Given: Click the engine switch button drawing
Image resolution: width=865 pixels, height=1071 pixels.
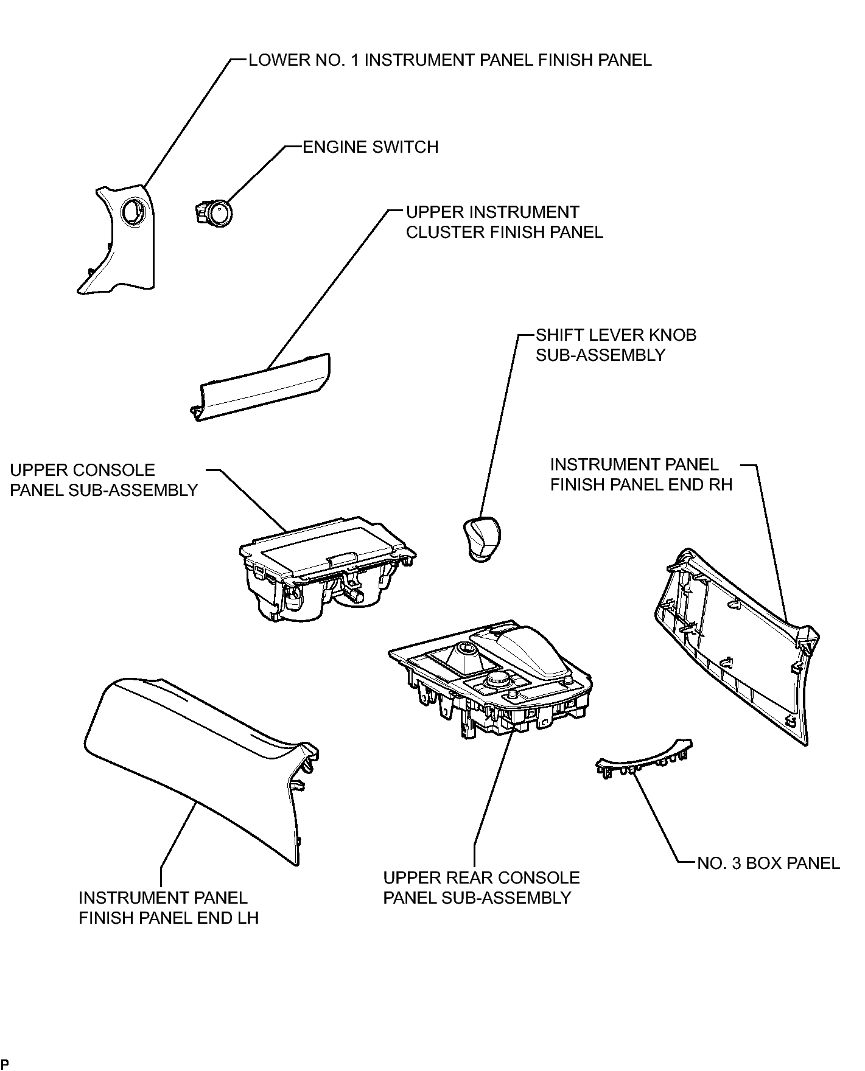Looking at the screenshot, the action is [214, 212].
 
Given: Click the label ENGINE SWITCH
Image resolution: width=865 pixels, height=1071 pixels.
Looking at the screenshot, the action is [371, 147].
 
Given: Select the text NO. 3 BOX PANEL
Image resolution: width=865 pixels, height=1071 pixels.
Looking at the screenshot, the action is [768, 863].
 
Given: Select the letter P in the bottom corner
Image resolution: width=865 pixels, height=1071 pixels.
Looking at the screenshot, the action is [4, 1064].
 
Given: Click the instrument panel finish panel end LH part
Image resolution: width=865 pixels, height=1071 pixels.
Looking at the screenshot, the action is [201, 768].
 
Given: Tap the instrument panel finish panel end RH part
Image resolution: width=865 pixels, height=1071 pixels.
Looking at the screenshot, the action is [738, 645].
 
